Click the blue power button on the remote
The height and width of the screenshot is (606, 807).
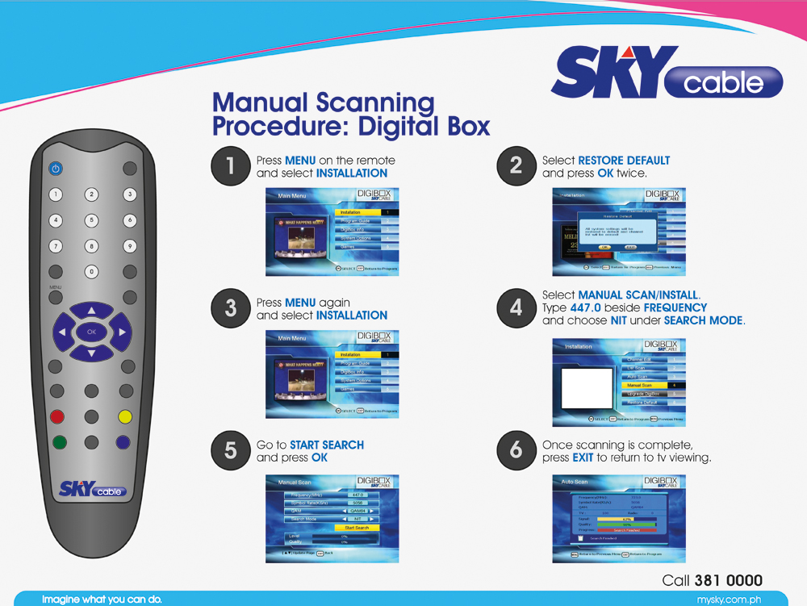(55, 169)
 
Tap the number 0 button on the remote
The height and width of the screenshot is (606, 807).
(92, 271)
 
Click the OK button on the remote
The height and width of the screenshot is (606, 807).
(91, 332)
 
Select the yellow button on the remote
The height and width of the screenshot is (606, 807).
(124, 417)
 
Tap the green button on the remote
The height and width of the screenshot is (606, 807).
(58, 442)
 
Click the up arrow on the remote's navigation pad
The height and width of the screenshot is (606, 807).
(91, 310)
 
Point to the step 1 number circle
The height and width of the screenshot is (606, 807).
(230, 166)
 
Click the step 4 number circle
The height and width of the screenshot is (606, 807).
(516, 307)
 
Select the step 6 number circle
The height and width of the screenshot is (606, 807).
(516, 450)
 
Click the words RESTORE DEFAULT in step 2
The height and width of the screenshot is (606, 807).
(624, 161)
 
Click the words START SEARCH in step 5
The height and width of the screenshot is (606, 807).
(327, 445)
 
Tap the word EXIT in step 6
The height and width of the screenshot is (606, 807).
(583, 458)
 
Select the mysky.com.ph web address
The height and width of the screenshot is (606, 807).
(729, 600)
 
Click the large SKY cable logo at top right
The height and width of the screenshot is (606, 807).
(667, 77)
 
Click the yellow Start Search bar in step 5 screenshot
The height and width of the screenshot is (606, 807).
(357, 528)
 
